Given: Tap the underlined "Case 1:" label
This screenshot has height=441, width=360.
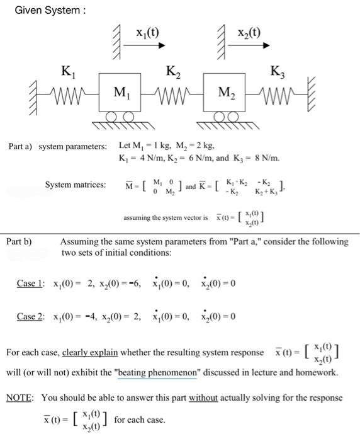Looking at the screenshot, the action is point(30,283).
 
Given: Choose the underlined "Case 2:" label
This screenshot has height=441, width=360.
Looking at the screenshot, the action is point(30,316).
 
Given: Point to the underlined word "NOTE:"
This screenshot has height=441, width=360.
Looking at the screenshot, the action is point(21,398).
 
